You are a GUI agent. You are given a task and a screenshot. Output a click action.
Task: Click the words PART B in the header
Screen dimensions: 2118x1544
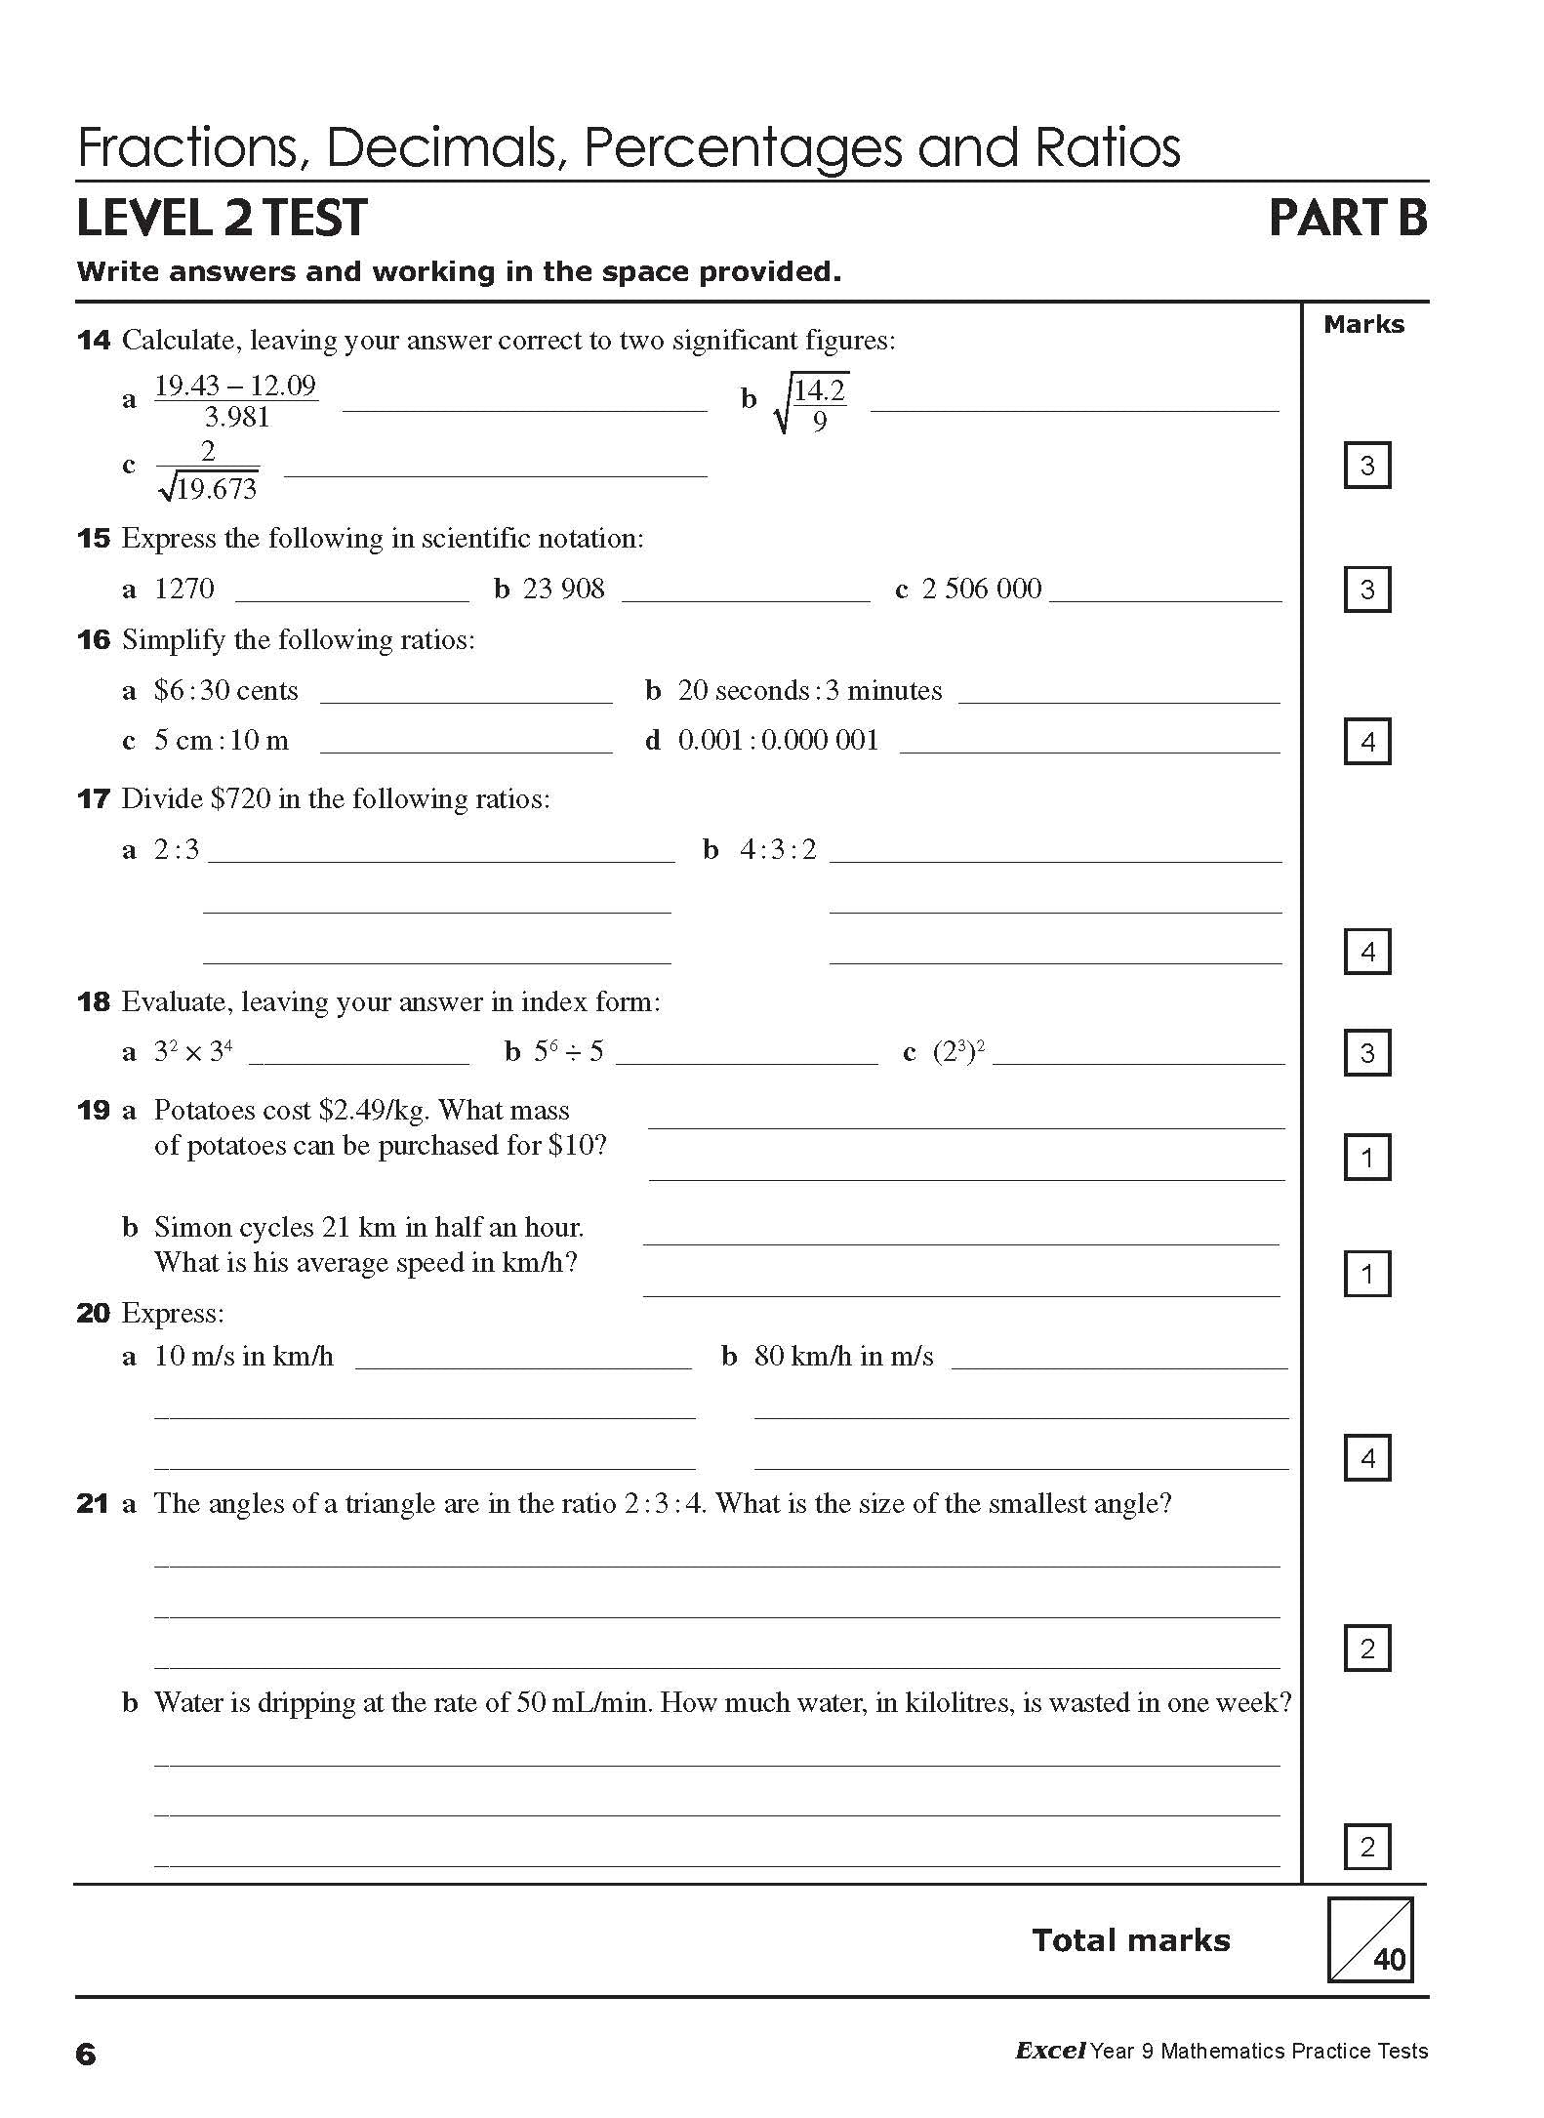[x=1347, y=218]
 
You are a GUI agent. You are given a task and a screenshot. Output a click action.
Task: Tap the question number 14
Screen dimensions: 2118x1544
[x=94, y=341]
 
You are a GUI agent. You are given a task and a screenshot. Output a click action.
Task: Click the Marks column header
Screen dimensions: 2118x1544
[x=1363, y=325]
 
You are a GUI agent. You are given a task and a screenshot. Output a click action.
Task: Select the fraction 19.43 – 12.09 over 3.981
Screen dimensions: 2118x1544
[x=236, y=401]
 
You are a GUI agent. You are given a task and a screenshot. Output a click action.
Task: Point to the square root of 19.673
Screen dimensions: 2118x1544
[x=209, y=487]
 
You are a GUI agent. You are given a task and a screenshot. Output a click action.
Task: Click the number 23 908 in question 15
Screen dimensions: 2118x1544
[x=563, y=589]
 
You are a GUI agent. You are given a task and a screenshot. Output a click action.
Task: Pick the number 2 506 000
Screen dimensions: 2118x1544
[x=981, y=589]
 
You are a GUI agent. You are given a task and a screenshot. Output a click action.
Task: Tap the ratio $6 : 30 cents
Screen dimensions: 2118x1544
[x=225, y=691]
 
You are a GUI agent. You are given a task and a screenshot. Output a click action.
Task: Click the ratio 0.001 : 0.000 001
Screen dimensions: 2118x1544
[x=778, y=740]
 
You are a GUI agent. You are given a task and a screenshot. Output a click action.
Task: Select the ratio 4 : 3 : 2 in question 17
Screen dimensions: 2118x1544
[x=777, y=849]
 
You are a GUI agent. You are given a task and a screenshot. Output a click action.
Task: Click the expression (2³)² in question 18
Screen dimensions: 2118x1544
[x=958, y=1052]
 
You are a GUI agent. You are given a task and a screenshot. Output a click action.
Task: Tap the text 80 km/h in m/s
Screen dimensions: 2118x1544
[x=843, y=1356]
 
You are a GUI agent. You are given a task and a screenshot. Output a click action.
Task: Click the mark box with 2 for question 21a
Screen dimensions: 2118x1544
[x=1366, y=1650]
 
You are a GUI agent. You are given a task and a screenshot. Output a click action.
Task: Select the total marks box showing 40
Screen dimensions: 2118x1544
[x=1369, y=1939]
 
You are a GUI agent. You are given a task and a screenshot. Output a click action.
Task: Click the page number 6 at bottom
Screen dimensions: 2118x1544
[x=86, y=2055]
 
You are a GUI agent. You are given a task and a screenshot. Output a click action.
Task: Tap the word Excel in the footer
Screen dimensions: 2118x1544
[x=1050, y=2051]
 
